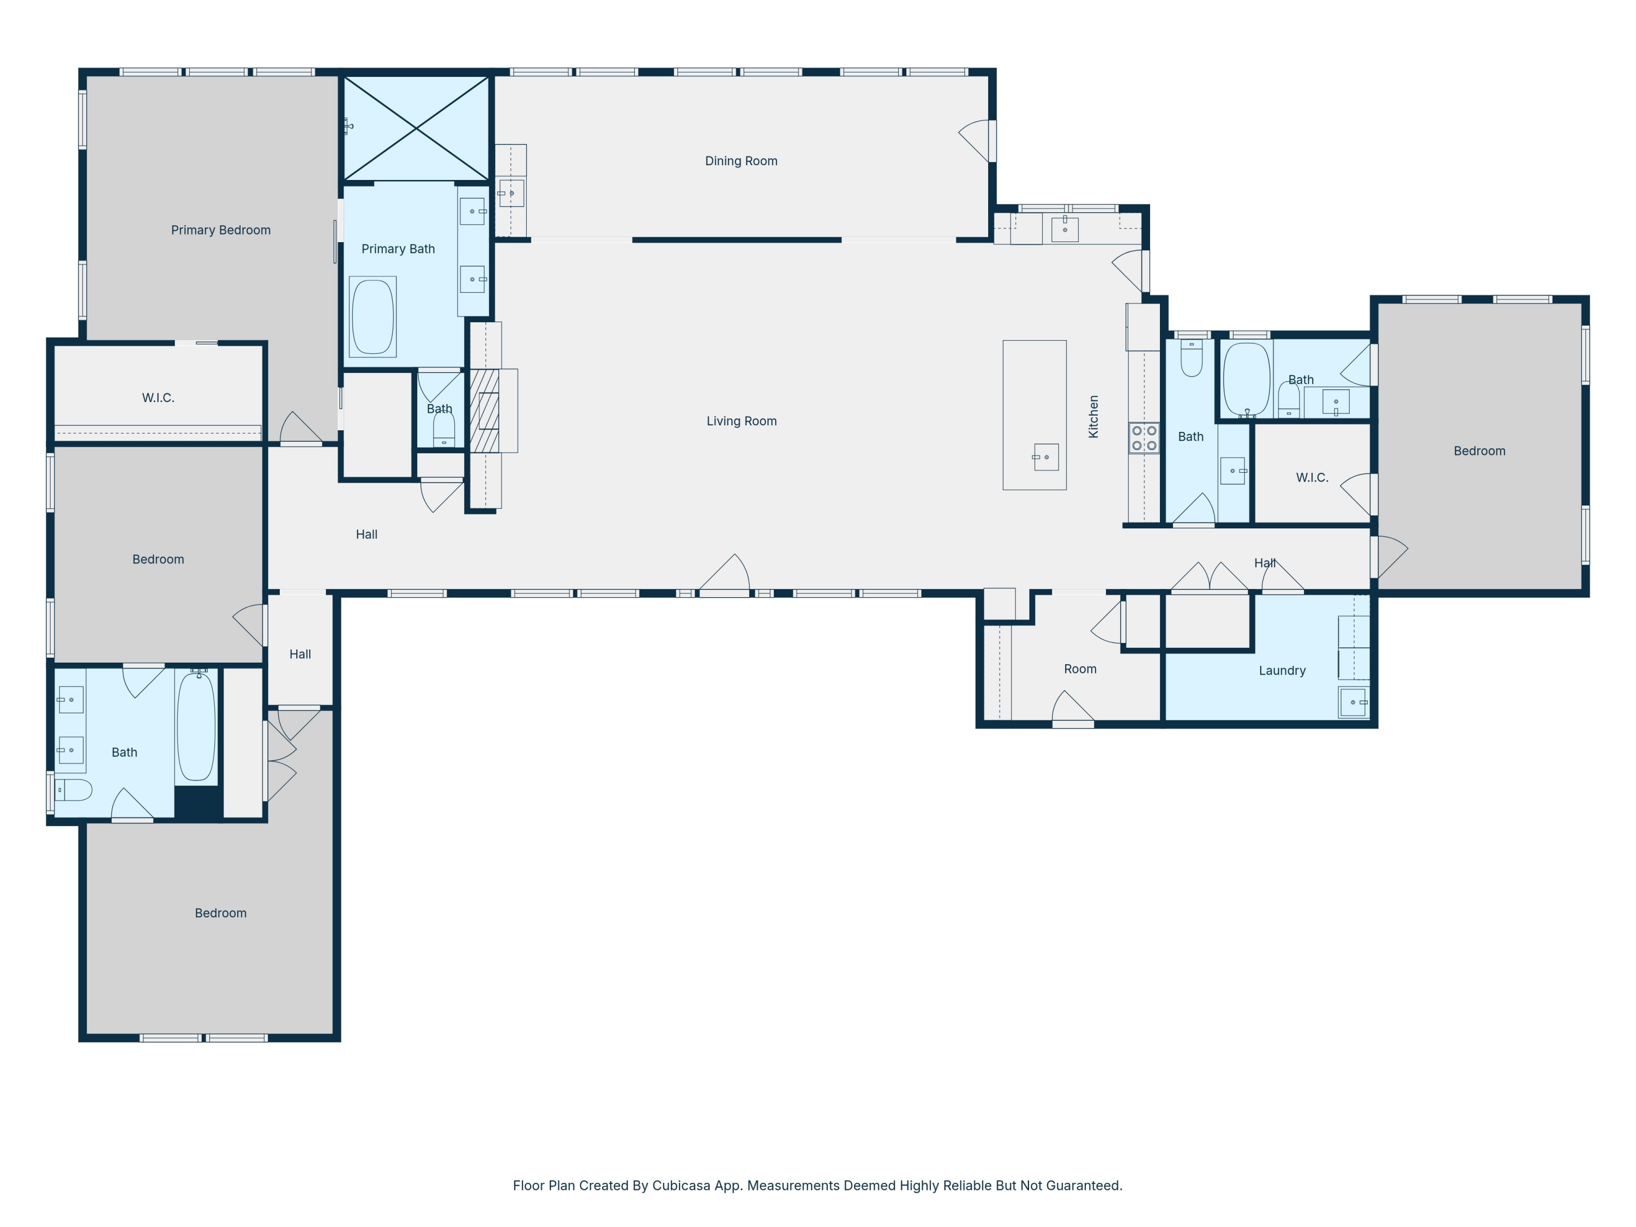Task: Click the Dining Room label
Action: (741, 161)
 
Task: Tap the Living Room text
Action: (741, 422)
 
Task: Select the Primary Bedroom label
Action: (220, 231)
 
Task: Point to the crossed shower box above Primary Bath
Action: (417, 129)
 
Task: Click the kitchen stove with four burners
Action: (1144, 438)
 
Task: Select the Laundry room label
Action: (1282, 671)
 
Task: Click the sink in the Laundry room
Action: (1353, 702)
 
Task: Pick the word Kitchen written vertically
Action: (1093, 417)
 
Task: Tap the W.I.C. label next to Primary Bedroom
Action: (158, 398)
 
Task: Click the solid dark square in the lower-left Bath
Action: (197, 803)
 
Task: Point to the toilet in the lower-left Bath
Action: (74, 790)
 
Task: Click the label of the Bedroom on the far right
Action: (1479, 451)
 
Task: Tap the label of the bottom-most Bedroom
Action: (220, 913)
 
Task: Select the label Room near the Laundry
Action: (1080, 669)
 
